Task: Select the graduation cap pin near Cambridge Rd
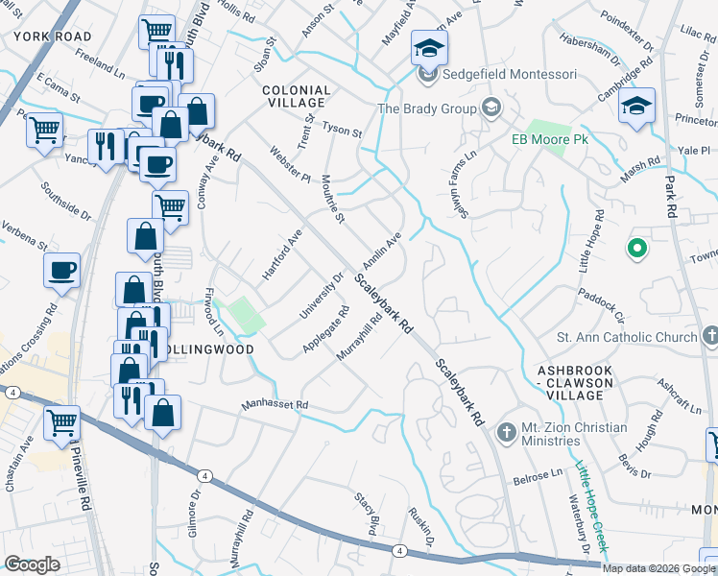[x=636, y=105]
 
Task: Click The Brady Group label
[x=427, y=108]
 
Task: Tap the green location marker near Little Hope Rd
[x=635, y=251]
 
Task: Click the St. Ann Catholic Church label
[x=627, y=337]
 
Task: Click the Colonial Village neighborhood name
[x=297, y=98]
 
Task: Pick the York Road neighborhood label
[x=53, y=36]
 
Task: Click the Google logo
[x=32, y=564]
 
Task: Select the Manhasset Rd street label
[x=275, y=406]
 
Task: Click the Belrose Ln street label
[x=538, y=475]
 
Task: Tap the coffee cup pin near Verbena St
[x=61, y=271]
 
